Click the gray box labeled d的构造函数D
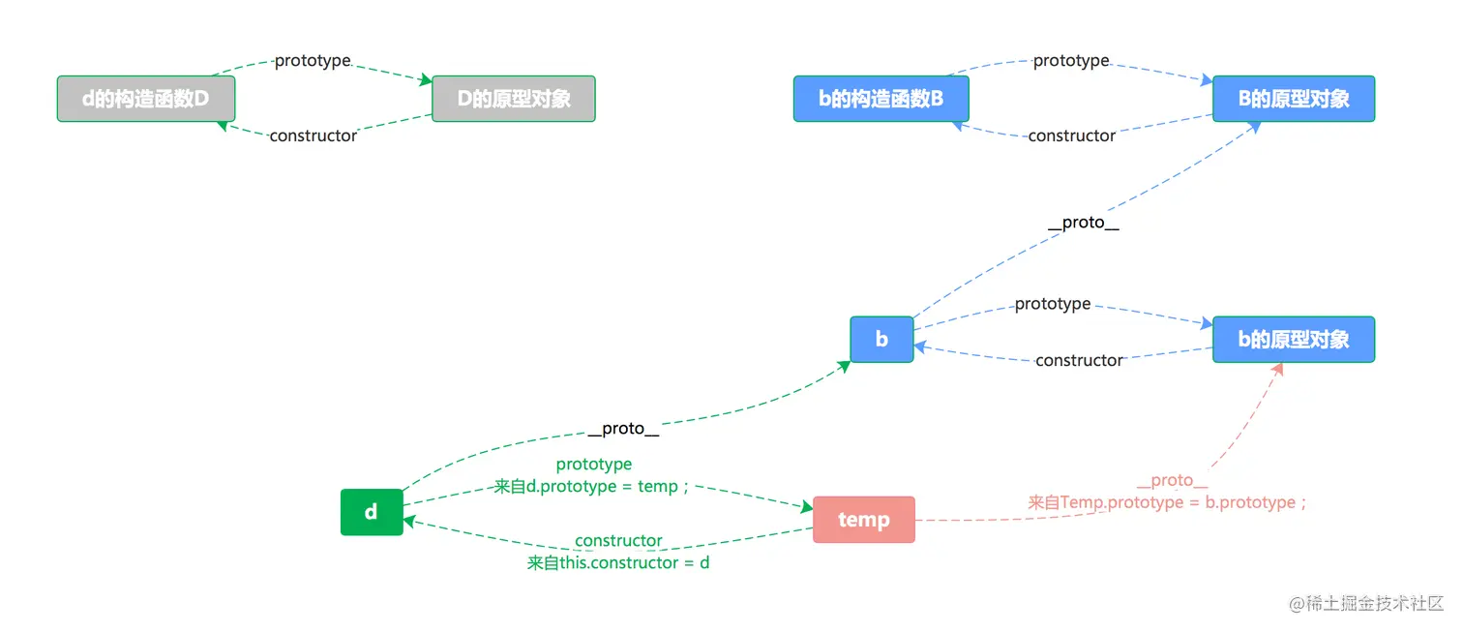(146, 99)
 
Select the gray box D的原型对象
(513, 99)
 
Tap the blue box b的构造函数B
(881, 99)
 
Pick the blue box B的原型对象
(1293, 99)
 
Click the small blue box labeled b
(881, 340)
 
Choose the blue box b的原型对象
(1293, 340)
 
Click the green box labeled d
(372, 512)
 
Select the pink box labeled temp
(863, 520)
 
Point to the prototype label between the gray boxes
(313, 61)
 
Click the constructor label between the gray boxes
(313, 135)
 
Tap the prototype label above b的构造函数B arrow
(1071, 61)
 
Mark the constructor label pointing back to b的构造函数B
(1071, 135)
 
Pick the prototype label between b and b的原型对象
(1053, 304)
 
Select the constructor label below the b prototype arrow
(1079, 360)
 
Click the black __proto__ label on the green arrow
(623, 429)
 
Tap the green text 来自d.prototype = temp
(592, 487)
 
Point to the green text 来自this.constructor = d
(618, 562)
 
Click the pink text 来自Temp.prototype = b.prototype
(1169, 502)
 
